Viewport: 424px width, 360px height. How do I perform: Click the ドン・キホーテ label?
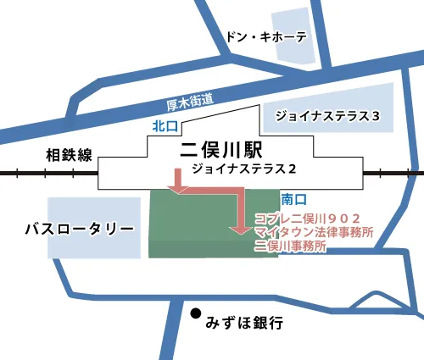click(x=265, y=37)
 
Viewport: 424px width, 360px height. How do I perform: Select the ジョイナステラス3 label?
click(x=326, y=114)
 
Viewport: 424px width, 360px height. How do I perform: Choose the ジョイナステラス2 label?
click(x=243, y=169)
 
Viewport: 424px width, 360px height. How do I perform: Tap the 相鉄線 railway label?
click(x=68, y=155)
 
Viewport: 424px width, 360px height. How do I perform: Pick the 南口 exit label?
click(x=293, y=200)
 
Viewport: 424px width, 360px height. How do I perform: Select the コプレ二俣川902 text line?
click(x=313, y=218)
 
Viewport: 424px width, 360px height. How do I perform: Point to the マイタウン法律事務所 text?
click(x=313, y=231)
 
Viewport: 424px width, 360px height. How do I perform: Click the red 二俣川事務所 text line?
click(x=290, y=246)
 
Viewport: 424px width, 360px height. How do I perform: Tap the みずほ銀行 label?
click(x=243, y=323)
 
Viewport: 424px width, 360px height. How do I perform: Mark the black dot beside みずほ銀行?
click(x=196, y=311)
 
